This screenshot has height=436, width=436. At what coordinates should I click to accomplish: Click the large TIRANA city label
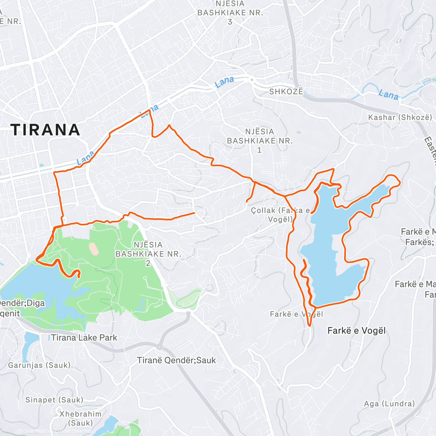pos(45,130)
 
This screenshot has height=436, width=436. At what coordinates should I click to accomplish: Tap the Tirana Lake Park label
pos(84,338)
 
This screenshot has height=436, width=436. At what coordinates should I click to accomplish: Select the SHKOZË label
pos(286,92)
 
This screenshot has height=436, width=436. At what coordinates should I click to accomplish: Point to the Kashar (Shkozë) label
pos(400,117)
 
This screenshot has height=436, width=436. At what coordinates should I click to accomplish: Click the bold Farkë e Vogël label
pos(356,331)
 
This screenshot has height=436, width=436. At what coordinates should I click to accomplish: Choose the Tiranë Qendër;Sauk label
pos(176,360)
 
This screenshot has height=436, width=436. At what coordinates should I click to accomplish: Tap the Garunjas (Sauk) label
pos(39,365)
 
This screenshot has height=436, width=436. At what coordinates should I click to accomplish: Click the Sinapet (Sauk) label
pos(54,400)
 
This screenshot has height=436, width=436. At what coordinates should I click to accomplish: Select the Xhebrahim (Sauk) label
pos(81,418)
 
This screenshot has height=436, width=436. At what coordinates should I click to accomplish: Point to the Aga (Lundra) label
pos(389,404)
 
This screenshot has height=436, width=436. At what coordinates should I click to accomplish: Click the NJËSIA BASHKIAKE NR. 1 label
pos(259,141)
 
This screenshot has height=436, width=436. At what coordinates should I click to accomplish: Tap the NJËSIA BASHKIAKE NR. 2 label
pos(148,254)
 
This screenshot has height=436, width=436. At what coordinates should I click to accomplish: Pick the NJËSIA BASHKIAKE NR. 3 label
pos(230,13)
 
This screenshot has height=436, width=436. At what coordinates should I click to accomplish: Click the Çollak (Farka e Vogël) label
pos(280,215)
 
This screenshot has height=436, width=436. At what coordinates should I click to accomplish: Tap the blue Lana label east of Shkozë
pos(388,95)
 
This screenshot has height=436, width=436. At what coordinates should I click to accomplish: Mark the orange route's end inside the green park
pos(79,277)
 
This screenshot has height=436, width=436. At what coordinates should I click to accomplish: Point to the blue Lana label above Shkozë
pos(224,82)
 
